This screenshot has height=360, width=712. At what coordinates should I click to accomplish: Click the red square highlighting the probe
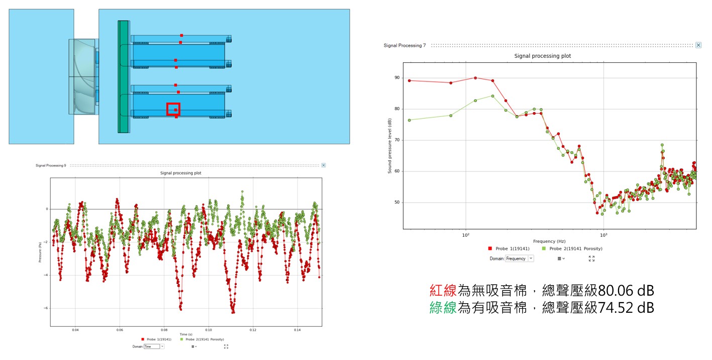pos(173,109)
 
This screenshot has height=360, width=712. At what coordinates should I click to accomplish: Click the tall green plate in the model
pos(123,76)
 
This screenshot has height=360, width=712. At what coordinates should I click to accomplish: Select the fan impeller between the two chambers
pos(82,76)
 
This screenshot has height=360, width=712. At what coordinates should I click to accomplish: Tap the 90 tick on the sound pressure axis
pos(397,78)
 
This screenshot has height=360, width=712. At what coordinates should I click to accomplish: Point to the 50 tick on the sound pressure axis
pos(397,203)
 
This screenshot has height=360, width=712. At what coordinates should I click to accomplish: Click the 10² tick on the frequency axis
pos(466,235)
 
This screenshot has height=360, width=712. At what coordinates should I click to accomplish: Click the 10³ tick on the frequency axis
pos(603,235)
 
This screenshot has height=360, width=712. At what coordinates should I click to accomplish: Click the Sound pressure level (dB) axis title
pos(390,146)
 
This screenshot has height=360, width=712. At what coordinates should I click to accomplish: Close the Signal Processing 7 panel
pos(698,45)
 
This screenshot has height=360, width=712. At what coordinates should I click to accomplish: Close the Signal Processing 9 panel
pos(323,165)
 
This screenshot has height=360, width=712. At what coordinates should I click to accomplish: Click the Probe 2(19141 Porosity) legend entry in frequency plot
pos(572,248)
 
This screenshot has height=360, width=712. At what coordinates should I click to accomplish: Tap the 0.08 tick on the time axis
pos(164,330)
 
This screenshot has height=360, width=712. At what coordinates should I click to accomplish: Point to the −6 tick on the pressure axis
pos(46,308)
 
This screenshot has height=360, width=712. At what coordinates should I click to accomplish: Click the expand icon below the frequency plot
pos(591,258)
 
